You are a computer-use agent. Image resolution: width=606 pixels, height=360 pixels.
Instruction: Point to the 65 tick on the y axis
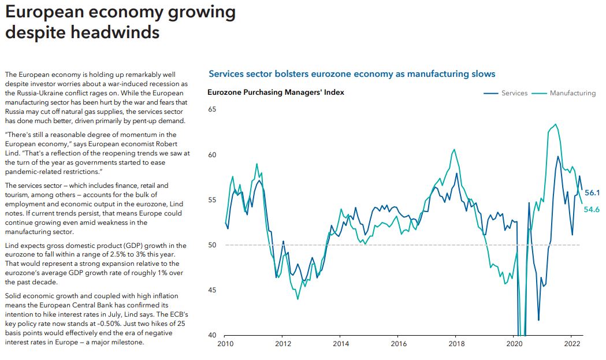(213, 109)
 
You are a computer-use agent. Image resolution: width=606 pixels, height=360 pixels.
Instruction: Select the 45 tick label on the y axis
(213, 290)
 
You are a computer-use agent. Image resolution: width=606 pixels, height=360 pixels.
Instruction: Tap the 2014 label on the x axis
(340, 343)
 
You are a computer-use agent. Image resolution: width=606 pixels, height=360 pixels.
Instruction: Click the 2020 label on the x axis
(514, 343)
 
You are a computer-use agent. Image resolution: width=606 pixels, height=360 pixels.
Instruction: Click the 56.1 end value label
(592, 193)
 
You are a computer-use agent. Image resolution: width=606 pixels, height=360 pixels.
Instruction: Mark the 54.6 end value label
(592, 210)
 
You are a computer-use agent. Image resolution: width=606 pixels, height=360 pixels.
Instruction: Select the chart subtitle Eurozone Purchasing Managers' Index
(276, 92)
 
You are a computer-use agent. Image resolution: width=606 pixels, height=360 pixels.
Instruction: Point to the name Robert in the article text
(166, 143)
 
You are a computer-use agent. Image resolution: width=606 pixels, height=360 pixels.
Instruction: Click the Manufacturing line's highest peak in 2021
(556, 124)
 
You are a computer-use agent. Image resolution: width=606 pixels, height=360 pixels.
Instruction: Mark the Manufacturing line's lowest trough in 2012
(298, 299)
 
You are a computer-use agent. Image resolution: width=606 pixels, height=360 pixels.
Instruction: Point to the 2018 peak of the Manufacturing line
(454, 149)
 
